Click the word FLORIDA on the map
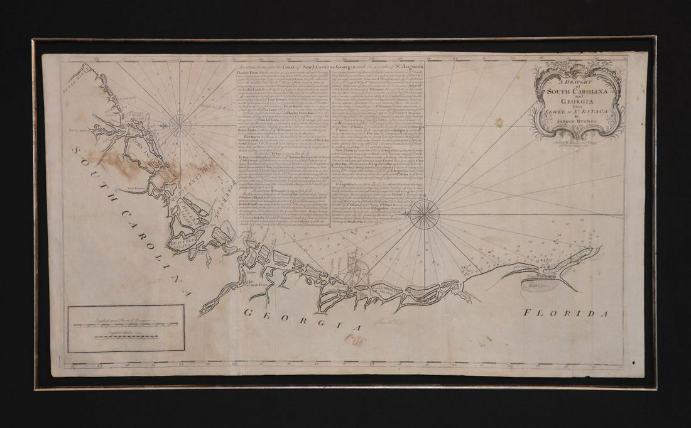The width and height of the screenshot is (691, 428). [x=561, y=312]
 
